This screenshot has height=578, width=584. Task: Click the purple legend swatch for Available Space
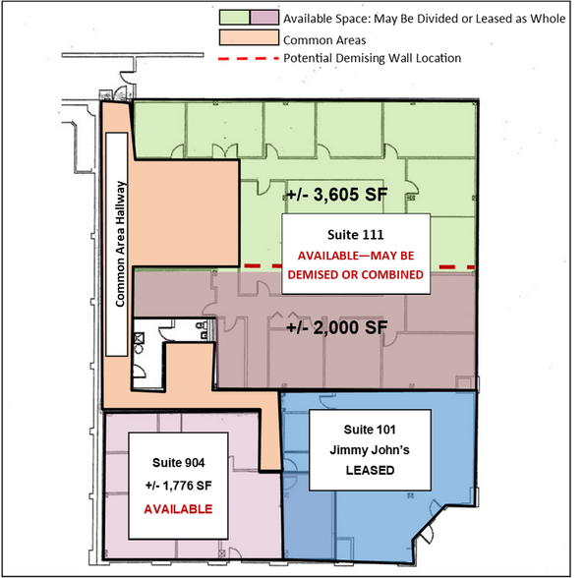pos(263,18)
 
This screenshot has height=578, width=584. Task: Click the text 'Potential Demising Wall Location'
pos(371,59)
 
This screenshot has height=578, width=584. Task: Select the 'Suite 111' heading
pos(355,235)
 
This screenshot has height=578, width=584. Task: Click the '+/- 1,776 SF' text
pos(179,486)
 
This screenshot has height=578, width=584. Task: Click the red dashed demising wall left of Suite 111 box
pos(263,266)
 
